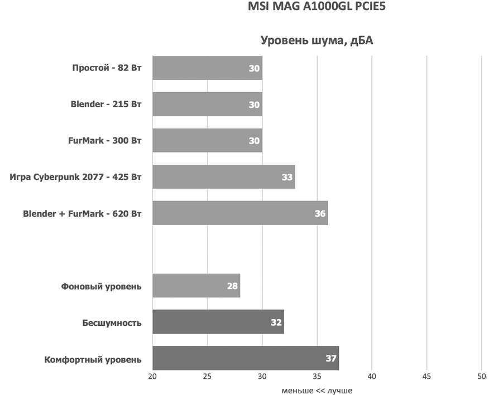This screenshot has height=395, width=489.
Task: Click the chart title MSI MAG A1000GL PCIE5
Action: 317,8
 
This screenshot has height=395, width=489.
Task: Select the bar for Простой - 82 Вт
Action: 207,68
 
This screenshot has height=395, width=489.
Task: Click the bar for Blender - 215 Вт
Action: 207,104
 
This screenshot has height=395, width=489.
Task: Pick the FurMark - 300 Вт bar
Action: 207,141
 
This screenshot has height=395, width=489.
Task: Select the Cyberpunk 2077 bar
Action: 223,177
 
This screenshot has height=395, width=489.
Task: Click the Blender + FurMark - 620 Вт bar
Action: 240,213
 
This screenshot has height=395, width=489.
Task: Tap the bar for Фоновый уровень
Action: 195,286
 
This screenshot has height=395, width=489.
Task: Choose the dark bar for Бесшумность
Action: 218,322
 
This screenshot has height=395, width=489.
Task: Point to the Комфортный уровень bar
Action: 246,358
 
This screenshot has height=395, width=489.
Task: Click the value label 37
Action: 331,358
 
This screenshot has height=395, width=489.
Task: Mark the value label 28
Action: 232,286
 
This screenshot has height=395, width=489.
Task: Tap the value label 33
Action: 287,177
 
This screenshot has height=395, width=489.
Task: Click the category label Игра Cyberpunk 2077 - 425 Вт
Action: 75,177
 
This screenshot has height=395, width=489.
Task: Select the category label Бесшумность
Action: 112,322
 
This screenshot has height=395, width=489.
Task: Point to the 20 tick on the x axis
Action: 152,377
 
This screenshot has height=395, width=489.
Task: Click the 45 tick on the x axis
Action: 426,377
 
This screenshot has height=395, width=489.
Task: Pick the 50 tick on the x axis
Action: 481,377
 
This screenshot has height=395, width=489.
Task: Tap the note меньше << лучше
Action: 317,390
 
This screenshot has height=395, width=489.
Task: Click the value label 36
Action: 320,213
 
